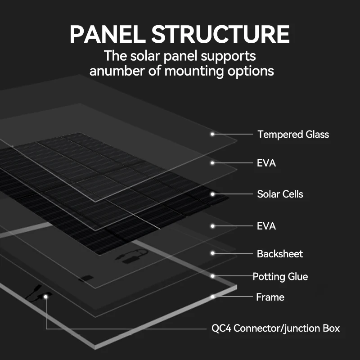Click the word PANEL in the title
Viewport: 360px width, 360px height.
[107, 35]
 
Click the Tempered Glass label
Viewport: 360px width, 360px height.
[293, 134]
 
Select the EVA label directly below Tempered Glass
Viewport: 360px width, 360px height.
[266, 163]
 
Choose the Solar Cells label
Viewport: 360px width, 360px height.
[280, 194]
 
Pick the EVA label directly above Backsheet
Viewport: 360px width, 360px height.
[266, 225]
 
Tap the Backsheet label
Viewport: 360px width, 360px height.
[279, 254]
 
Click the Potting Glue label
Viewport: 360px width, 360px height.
[280, 276]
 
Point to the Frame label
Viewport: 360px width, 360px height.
[270, 297]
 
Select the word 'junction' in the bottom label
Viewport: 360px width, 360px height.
[299, 328]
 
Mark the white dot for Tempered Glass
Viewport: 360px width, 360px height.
[212, 134]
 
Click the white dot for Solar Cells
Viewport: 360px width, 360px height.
[212, 194]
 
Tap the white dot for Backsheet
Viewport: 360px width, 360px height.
[212, 254]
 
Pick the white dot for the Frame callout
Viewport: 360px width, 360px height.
[212, 297]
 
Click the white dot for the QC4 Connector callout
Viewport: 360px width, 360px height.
[45, 297]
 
